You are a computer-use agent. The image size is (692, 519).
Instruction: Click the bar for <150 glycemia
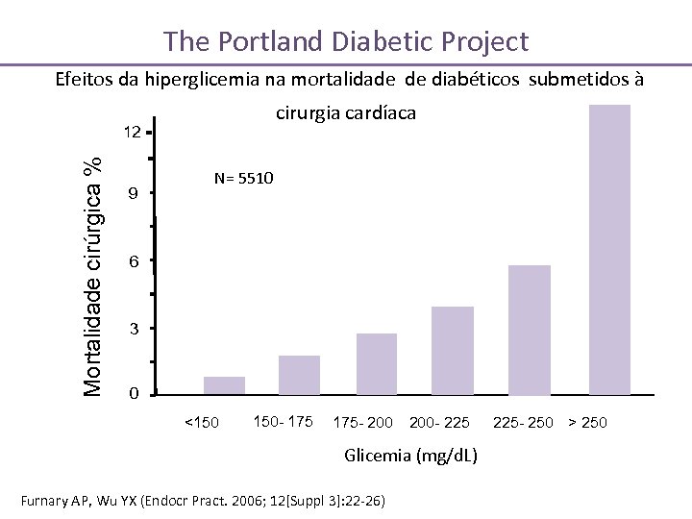(x=224, y=385)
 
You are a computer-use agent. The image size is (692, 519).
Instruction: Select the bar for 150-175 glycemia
(x=299, y=375)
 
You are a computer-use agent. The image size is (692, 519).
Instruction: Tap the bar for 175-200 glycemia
(x=376, y=363)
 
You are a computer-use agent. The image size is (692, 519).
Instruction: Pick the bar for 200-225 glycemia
(x=453, y=350)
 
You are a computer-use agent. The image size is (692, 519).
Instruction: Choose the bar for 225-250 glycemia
(x=530, y=330)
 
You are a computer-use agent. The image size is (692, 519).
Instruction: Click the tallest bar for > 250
(x=609, y=249)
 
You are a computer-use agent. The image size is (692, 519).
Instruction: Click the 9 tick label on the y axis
(x=133, y=195)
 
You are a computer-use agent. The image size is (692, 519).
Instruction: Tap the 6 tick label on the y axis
(x=133, y=262)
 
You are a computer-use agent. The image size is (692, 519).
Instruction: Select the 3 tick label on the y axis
(x=133, y=330)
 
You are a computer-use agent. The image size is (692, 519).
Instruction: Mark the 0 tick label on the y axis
(x=133, y=394)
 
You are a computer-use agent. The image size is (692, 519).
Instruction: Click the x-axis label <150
(x=201, y=423)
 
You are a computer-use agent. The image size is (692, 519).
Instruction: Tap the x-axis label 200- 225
(x=439, y=423)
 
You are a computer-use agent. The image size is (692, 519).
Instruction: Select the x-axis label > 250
(x=587, y=423)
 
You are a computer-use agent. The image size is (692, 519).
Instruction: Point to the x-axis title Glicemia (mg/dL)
(x=412, y=455)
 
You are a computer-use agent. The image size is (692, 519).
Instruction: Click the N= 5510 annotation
(x=243, y=179)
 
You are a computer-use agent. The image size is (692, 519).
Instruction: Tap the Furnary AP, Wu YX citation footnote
(x=209, y=500)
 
